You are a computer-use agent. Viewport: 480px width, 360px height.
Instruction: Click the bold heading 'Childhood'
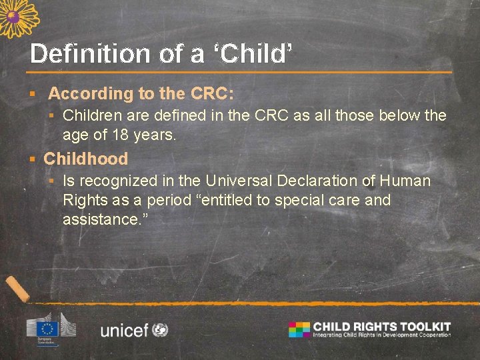(85, 159)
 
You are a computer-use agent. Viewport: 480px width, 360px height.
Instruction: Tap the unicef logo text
(124, 329)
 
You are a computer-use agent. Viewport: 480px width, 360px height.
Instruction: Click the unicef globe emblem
(160, 329)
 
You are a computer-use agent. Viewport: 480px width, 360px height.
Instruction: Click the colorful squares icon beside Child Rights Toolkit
(299, 329)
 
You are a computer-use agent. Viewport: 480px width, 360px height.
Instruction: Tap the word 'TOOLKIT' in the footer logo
(424, 326)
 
